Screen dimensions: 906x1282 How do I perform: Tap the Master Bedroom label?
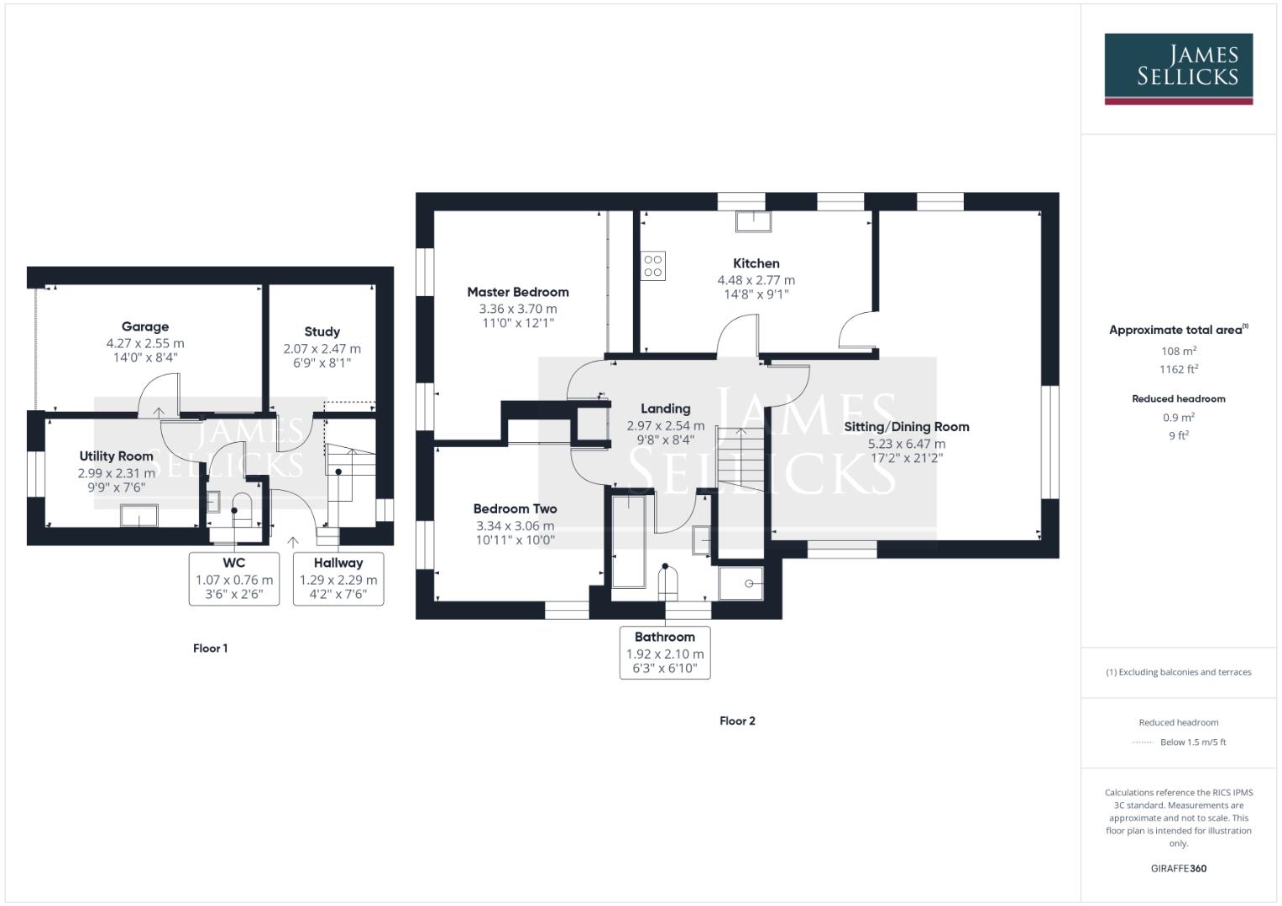(518, 292)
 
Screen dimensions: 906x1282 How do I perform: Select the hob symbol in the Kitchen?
(653, 266)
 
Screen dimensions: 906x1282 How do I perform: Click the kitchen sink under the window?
(753, 221)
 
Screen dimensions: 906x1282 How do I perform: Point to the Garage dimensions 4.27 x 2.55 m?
(145, 343)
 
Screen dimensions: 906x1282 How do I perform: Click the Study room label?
(322, 331)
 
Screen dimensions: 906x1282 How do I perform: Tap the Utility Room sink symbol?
(139, 514)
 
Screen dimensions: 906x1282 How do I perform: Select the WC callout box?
(234, 578)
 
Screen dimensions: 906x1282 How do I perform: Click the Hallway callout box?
(338, 578)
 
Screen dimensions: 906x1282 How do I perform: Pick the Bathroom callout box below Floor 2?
(665, 652)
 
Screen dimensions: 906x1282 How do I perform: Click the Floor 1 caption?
(210, 648)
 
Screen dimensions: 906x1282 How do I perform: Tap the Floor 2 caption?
(737, 721)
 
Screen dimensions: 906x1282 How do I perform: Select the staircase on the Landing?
(740, 458)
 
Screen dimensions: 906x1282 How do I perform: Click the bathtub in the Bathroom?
(628, 541)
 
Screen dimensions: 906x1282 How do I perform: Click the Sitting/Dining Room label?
(907, 426)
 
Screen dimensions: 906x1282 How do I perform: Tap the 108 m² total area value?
(1179, 351)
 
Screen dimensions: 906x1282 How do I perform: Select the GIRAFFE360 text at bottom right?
(1179, 868)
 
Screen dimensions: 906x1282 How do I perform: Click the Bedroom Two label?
(515, 508)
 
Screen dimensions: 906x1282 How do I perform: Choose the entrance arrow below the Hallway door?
(293, 543)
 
